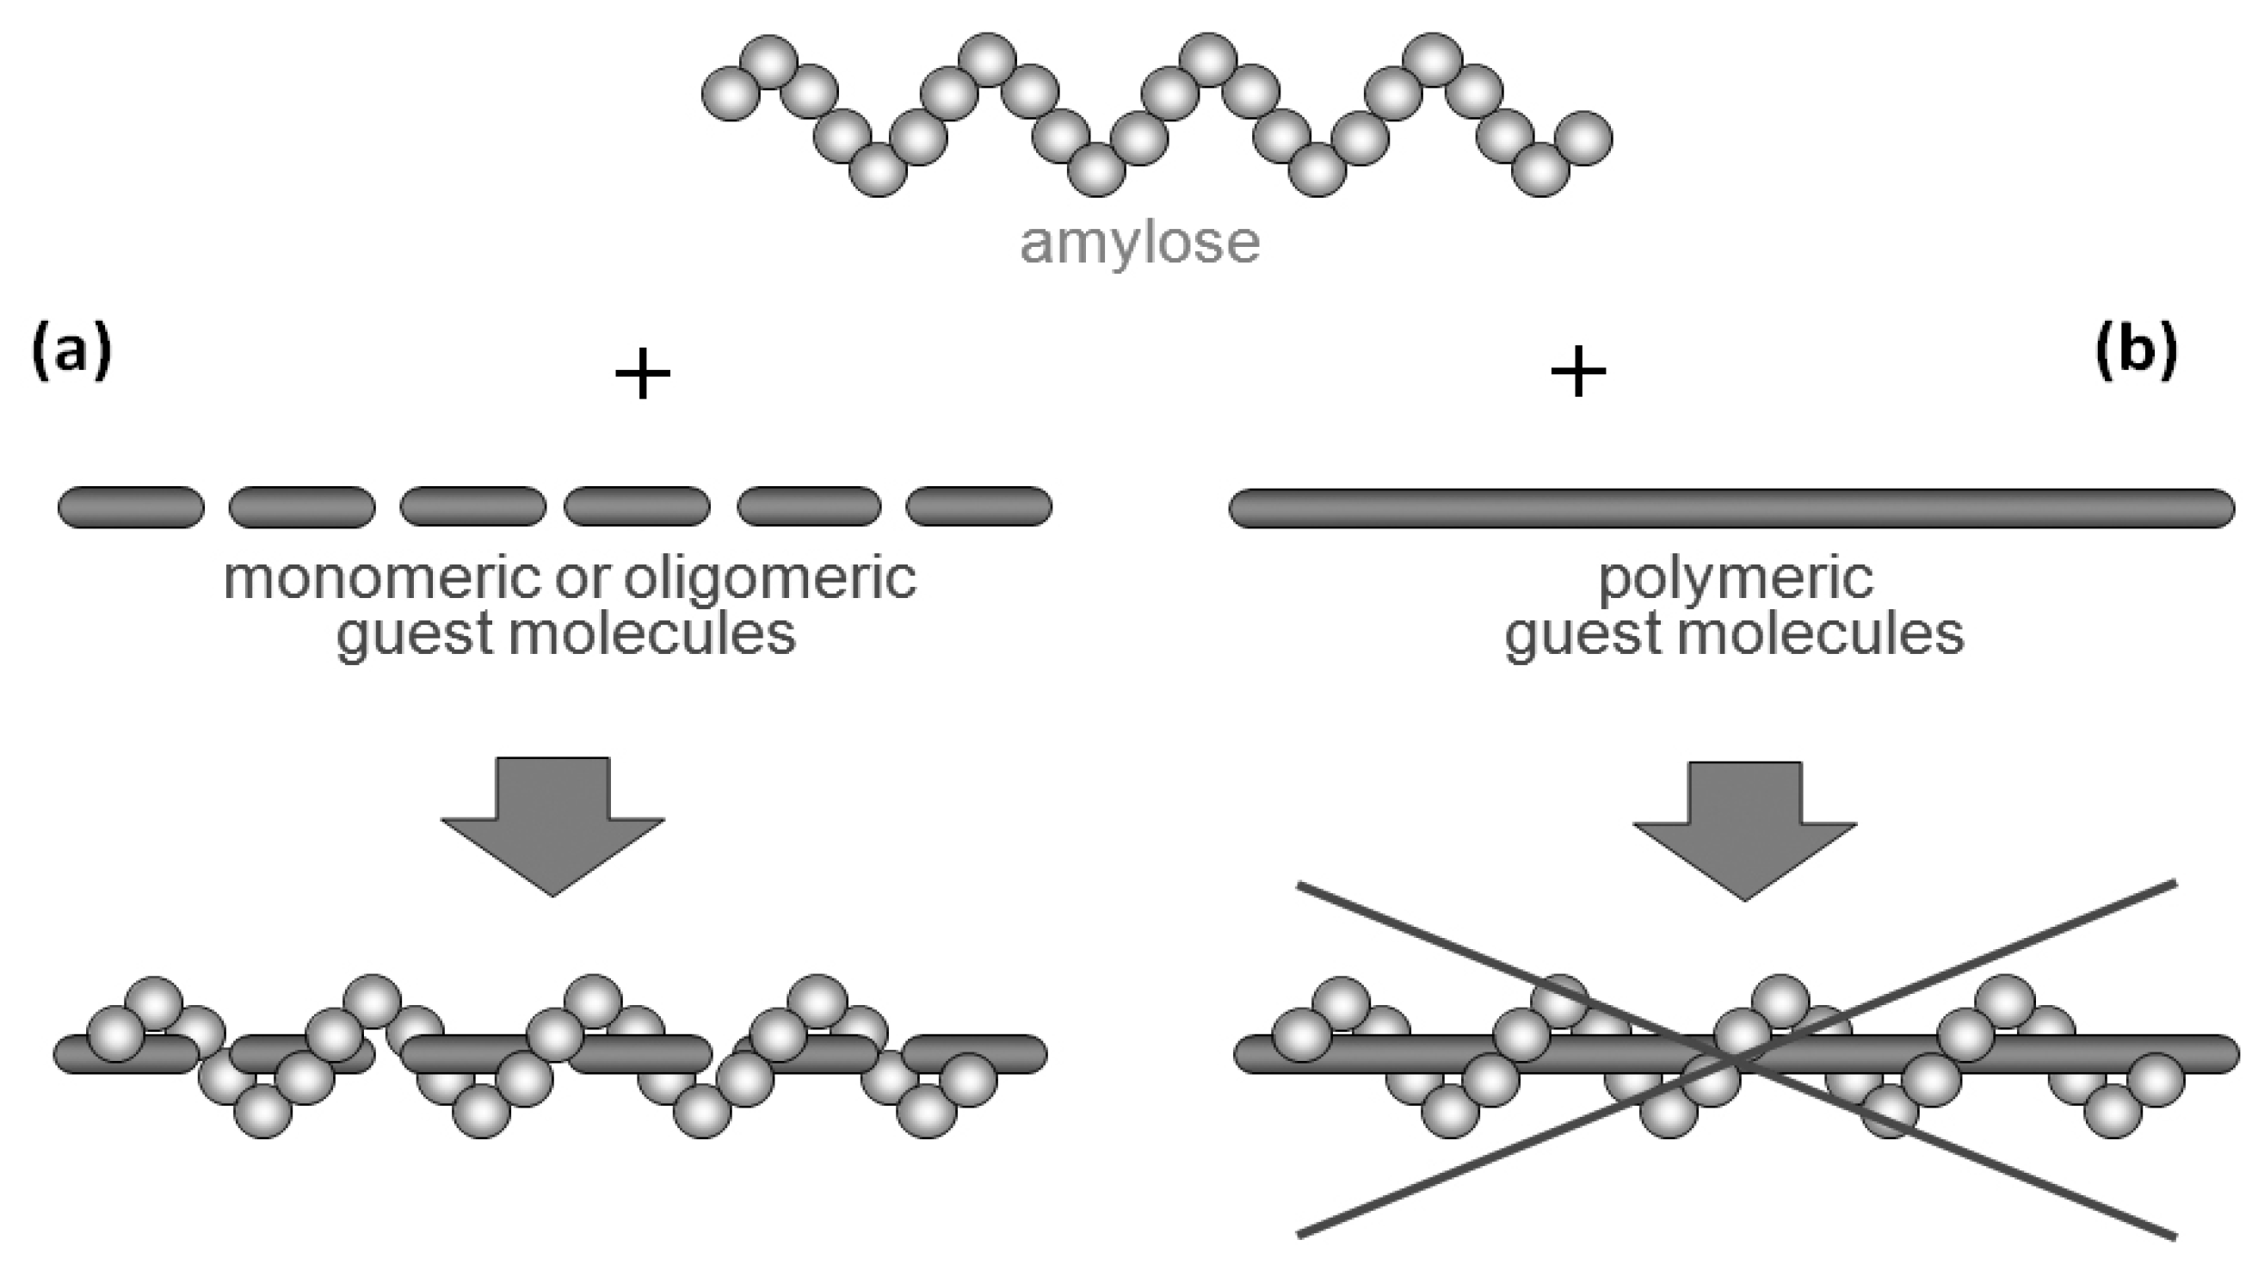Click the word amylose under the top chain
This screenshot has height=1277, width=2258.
point(1139,243)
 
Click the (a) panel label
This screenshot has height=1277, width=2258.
point(72,350)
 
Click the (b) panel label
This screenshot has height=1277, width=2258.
point(2136,350)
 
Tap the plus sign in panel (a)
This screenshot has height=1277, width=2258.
point(643,373)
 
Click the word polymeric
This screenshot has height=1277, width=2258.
point(1736,579)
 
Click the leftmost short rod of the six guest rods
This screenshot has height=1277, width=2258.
point(131,507)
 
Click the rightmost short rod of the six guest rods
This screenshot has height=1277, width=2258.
point(978,507)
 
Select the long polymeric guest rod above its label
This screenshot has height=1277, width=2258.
point(1732,509)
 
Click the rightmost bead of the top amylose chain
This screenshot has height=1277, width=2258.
point(1583,138)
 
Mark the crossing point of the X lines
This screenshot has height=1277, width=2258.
point(1737,1060)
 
